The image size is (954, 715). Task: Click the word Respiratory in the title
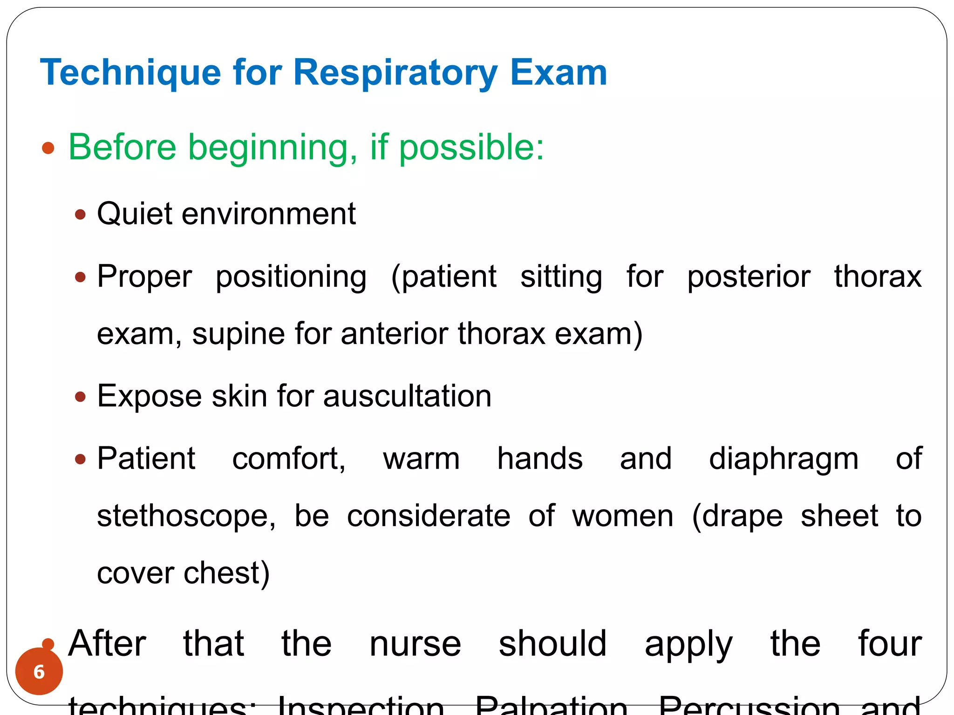pyautogui.click(x=395, y=73)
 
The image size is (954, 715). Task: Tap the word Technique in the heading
pyautogui.click(x=130, y=73)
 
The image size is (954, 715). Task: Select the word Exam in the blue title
pyautogui.click(x=559, y=73)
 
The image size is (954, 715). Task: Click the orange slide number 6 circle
pyautogui.click(x=39, y=671)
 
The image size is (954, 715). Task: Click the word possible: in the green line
pyautogui.click(x=471, y=148)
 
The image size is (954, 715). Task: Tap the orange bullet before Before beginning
pyautogui.click(x=48, y=148)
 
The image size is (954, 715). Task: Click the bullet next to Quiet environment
pyautogui.click(x=81, y=215)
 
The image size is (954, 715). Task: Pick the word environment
pyautogui.click(x=269, y=214)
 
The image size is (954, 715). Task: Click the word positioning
pyautogui.click(x=291, y=277)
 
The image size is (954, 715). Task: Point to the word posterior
pyautogui.click(x=749, y=277)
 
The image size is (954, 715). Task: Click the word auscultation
pyautogui.click(x=407, y=396)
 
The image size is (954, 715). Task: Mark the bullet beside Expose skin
pyautogui.click(x=81, y=397)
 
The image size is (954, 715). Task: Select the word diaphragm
pyautogui.click(x=784, y=459)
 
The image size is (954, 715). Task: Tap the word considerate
pyautogui.click(x=429, y=516)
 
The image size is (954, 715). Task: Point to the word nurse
pyautogui.click(x=415, y=644)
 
